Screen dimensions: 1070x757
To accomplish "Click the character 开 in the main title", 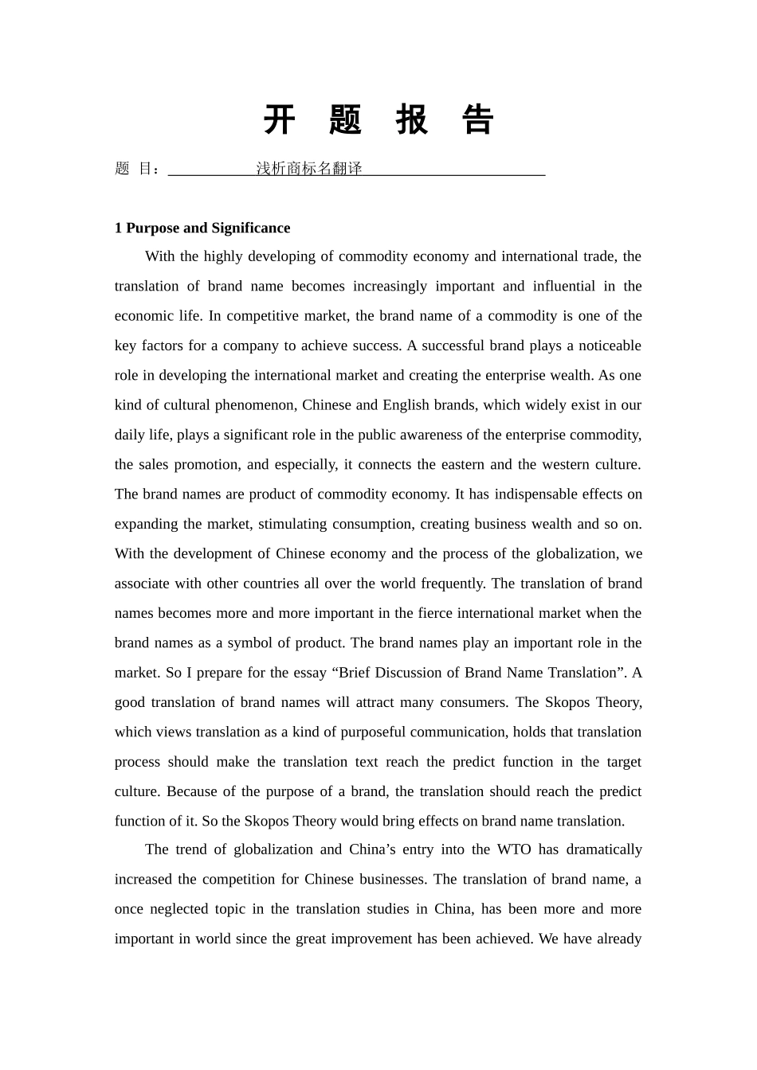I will [x=279, y=120].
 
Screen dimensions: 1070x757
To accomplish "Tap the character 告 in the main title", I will [x=478, y=120].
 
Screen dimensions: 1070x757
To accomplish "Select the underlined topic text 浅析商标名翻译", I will [x=309, y=169].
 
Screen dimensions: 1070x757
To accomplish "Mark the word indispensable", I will [x=535, y=494].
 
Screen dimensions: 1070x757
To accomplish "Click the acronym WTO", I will [x=513, y=849].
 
